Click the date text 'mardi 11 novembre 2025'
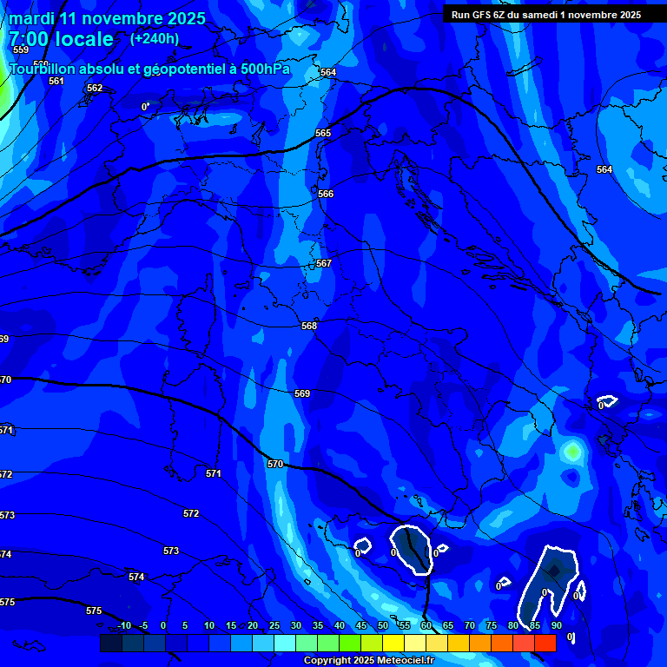(108, 18)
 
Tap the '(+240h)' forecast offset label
(155, 38)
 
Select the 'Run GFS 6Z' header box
(546, 14)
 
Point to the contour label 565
(323, 133)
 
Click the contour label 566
(326, 194)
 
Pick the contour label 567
(323, 263)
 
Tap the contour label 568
(309, 326)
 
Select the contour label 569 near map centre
(302, 393)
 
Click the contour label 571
(214, 473)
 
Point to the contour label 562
(95, 88)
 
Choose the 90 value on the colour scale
(556, 625)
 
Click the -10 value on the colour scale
(124, 625)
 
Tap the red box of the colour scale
(545, 643)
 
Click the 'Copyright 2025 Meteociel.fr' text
(369, 661)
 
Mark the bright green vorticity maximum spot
(571, 451)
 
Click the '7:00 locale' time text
(61, 39)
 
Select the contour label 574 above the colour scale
(136, 577)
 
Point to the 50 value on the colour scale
(382, 625)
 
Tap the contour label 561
(56, 81)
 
